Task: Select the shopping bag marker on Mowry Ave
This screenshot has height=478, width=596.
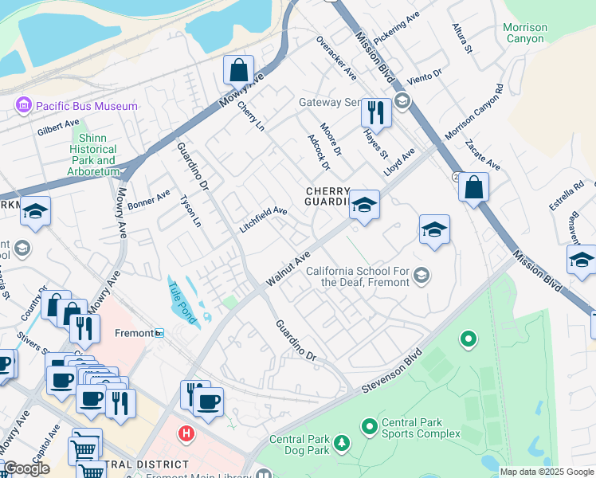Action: tap(238, 71)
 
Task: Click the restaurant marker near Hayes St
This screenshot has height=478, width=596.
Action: tap(375, 113)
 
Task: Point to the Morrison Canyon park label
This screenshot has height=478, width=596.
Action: tap(525, 33)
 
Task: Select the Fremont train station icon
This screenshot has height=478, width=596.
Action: tap(159, 333)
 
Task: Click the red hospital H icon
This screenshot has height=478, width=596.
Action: tap(186, 433)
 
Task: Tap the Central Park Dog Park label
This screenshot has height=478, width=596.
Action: tap(299, 445)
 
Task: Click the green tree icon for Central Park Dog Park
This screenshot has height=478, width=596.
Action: tap(341, 441)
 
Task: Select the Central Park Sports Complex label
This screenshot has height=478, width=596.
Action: tap(421, 428)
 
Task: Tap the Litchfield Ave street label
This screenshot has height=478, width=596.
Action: tap(263, 220)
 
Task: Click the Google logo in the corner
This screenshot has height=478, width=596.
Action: tap(25, 468)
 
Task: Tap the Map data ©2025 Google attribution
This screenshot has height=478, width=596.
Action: tap(547, 472)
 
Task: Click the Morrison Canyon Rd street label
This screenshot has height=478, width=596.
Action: tap(474, 114)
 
